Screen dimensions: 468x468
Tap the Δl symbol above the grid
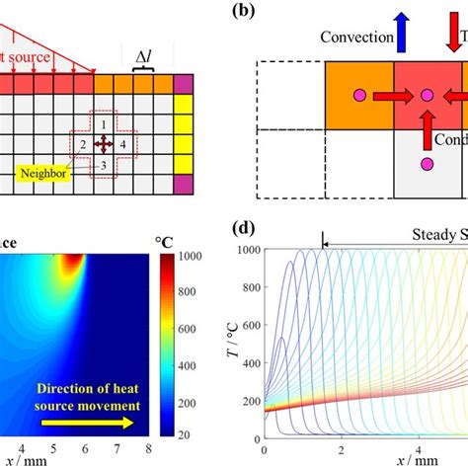(x=144, y=57)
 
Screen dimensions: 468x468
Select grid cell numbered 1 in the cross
(x=102, y=124)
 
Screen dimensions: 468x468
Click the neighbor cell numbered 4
(x=122, y=144)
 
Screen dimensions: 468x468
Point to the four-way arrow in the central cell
(x=102, y=144)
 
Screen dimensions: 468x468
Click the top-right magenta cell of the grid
(x=183, y=83)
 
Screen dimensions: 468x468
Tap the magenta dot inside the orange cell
(x=359, y=96)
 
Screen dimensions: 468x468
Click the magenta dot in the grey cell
(x=427, y=162)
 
